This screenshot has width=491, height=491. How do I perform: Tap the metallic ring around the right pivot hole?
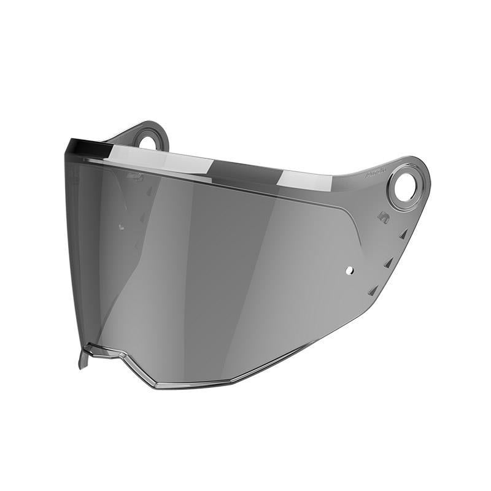[393, 199]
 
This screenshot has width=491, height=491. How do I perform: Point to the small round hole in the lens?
[349, 269]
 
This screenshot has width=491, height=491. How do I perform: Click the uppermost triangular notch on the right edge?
[403, 234]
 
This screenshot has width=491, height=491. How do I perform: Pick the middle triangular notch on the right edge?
[389, 263]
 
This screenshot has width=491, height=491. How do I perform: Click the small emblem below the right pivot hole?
[383, 217]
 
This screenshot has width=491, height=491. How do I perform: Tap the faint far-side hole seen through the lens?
[120, 226]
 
